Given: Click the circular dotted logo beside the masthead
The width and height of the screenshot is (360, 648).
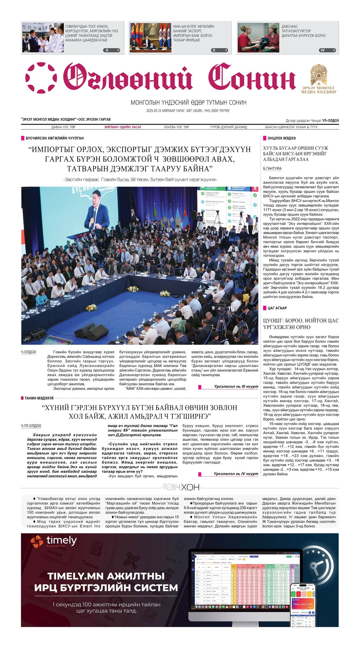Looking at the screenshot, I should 41,78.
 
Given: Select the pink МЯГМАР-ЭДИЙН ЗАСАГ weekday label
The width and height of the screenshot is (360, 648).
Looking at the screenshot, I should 123,127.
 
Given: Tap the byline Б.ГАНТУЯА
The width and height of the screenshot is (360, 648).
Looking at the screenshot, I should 272,169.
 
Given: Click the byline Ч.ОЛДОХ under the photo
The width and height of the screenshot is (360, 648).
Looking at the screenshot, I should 28,352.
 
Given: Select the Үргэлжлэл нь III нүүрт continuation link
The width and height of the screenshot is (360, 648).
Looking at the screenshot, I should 236,387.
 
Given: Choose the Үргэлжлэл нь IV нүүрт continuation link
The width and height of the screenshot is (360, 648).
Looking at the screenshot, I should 236,474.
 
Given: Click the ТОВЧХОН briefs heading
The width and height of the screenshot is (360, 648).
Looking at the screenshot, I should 181,487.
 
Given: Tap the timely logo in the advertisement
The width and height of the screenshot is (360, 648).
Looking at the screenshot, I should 54,541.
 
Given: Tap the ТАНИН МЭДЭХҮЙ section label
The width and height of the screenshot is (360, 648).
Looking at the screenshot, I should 39,398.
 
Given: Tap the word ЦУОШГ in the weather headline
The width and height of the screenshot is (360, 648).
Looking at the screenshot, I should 273,321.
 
